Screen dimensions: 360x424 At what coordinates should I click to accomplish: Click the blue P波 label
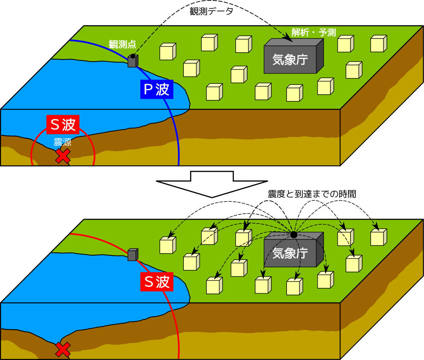[157, 89]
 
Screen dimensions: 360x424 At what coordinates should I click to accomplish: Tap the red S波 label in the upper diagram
[63, 124]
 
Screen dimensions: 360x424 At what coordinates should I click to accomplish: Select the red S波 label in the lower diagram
[157, 282]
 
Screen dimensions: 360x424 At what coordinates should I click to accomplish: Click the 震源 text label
[63, 142]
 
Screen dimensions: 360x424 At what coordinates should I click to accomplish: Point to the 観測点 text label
[122, 45]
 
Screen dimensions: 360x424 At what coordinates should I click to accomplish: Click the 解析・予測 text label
[313, 33]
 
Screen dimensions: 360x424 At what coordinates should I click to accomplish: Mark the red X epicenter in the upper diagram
[63, 156]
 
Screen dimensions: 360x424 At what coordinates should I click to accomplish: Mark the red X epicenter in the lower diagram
[63, 349]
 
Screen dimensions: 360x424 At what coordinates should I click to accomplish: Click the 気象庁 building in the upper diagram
[290, 59]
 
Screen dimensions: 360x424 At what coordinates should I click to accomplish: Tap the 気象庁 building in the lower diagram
[290, 253]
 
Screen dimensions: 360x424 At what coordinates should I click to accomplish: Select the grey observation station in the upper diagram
[132, 61]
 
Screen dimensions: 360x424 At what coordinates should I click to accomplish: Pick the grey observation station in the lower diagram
[132, 255]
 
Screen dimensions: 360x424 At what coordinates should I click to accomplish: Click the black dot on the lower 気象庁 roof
[294, 235]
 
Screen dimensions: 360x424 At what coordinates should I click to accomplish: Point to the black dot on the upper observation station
[133, 56]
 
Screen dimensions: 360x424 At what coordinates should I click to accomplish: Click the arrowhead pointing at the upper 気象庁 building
[289, 39]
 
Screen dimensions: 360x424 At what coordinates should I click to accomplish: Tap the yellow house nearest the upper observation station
[167, 52]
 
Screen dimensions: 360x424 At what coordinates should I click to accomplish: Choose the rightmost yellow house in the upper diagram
[378, 44]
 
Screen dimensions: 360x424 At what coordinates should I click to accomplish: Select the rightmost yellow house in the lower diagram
[378, 237]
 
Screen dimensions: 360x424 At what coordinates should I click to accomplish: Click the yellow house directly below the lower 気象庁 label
[294, 287]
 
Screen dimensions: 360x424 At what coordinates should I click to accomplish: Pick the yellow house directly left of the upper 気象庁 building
[243, 45]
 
